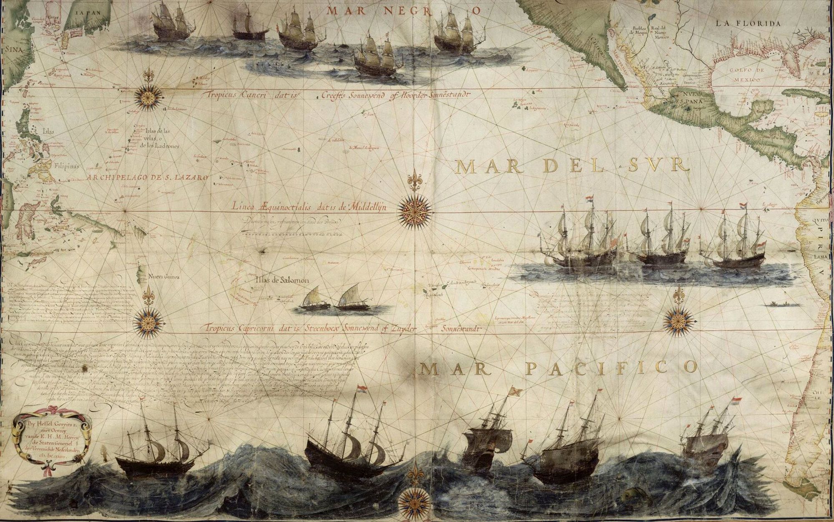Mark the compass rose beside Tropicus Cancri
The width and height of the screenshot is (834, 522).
click(x=148, y=97)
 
